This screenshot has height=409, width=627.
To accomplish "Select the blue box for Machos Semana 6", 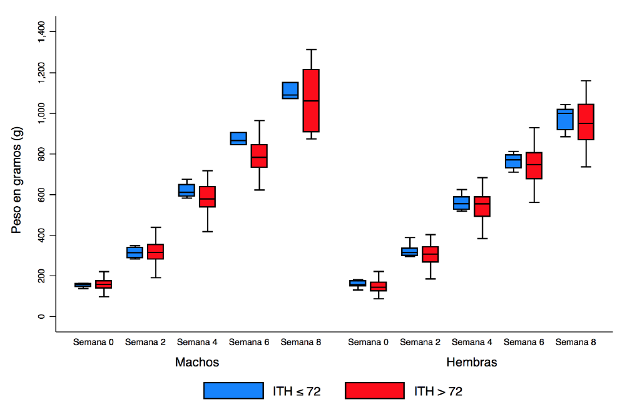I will tap(238, 138).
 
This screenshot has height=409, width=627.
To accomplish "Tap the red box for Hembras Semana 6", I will tap(534, 165).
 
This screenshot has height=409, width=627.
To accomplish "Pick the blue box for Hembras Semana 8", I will tap(565, 119).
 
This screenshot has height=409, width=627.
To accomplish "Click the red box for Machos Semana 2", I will tap(155, 251).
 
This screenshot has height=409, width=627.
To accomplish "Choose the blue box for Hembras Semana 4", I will tap(461, 202).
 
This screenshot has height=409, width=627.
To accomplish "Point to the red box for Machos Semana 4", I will tap(207, 197).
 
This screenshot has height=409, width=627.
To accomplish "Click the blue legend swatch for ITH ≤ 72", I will tap(233, 390).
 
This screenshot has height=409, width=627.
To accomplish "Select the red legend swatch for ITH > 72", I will tap(374, 390).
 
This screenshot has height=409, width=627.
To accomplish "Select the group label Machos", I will tap(197, 363).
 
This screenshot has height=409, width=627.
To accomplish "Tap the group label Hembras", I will tap(472, 363).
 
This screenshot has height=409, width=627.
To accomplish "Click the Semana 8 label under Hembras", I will tap(576, 342).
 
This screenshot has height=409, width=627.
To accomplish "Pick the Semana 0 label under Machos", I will tap(93, 342).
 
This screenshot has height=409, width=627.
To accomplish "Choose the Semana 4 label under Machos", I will tap(197, 342).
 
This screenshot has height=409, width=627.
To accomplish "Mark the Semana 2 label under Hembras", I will tap(420, 342).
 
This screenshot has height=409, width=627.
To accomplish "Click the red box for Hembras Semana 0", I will tap(379, 286).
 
